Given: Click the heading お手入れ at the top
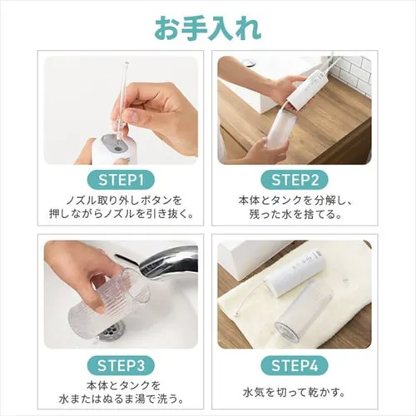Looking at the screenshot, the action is point(208,29).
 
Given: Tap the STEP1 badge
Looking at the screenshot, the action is point(121,180).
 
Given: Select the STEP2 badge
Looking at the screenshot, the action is point(295,180).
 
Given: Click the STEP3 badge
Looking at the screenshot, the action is point(121,365).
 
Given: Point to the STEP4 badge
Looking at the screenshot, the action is point(295,365).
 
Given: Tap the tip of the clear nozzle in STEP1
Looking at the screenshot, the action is point(126,63).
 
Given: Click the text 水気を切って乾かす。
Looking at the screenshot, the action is point(295,393).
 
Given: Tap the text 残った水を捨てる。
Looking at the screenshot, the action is point(295,215).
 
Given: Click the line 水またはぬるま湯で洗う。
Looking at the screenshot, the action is point(121,399).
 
